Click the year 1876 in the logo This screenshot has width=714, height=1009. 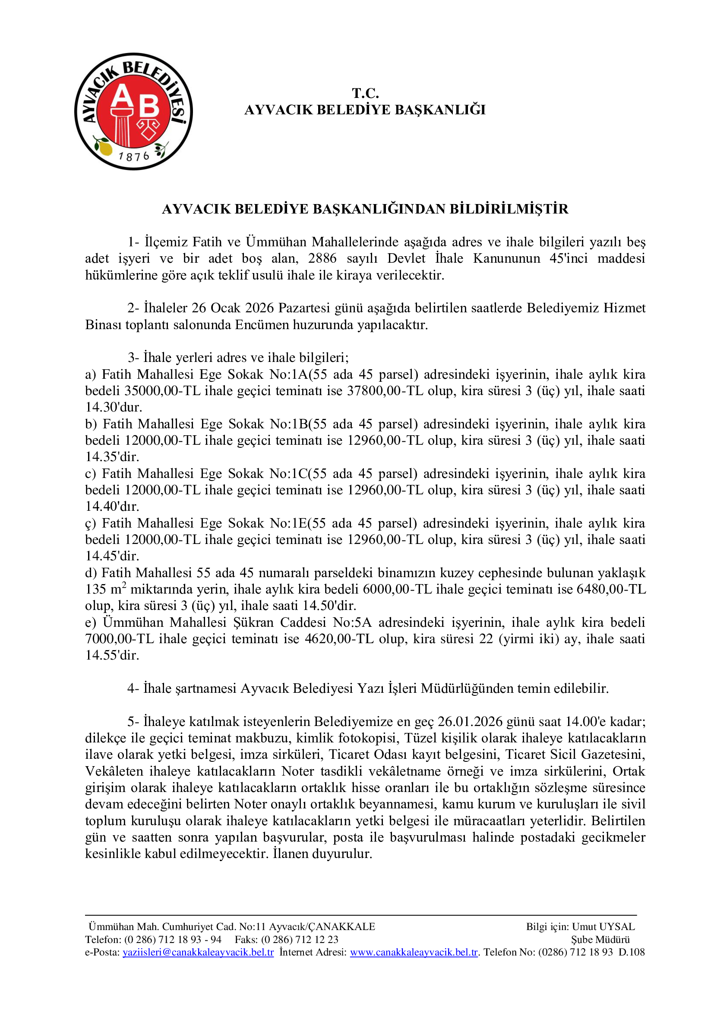[134, 156]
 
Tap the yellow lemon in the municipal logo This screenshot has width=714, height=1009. [104, 147]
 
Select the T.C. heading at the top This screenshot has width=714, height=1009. [365, 93]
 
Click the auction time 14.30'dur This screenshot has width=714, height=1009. [114, 407]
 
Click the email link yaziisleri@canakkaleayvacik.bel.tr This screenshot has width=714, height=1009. [198, 952]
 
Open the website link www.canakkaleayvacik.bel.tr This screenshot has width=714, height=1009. [414, 952]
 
